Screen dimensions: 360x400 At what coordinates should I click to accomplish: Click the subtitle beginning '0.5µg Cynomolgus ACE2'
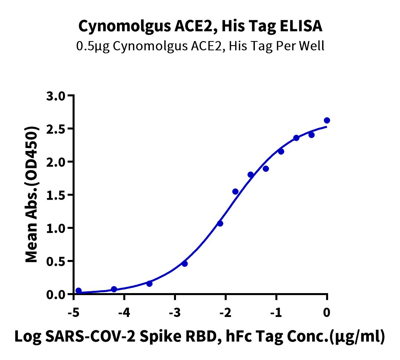[200, 46]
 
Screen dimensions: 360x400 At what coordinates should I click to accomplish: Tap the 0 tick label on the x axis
[327, 312]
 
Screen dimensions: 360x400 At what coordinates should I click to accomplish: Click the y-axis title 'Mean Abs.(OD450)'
[32, 195]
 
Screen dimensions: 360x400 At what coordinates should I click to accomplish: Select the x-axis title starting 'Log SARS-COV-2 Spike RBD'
[200, 336]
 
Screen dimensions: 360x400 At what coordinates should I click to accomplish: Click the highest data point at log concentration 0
[327, 120]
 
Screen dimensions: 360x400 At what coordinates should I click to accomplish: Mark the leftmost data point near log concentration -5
[79, 290]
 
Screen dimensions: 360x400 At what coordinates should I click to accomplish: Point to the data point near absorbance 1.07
[220, 224]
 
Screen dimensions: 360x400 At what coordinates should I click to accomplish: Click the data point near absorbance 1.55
[235, 191]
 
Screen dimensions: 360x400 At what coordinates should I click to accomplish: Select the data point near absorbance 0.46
[185, 264]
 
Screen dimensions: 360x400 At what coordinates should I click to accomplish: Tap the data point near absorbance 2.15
[281, 151]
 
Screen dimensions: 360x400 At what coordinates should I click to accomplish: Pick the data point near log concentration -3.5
[149, 283]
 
